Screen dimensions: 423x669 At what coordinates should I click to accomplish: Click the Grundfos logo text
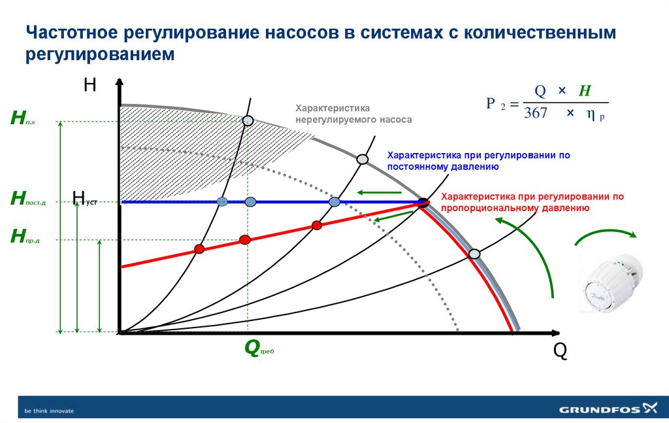point(600,410)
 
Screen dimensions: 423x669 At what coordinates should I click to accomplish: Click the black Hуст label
point(84,198)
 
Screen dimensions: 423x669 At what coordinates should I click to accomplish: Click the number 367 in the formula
point(536,113)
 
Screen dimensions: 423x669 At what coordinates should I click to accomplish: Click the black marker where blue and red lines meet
point(423,202)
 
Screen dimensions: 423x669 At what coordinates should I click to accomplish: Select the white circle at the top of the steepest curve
point(248,120)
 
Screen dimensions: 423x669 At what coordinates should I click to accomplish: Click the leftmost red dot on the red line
point(200,249)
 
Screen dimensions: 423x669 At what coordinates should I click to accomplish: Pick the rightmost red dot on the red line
point(318,226)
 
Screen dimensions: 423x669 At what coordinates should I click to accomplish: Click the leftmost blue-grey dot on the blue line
point(222,201)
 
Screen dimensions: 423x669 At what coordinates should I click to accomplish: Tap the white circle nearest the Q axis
point(475,254)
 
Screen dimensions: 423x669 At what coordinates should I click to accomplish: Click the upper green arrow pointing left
point(379,192)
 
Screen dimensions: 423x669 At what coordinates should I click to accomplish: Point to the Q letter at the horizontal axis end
point(560,351)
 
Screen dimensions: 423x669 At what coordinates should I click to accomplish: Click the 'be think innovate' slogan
point(49,411)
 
